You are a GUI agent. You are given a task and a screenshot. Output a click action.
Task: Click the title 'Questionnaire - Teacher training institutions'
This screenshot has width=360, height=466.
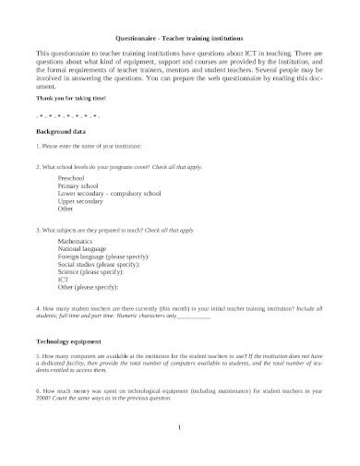pos(179,39)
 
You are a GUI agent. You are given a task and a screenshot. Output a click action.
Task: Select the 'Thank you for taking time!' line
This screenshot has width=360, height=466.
pos(70,97)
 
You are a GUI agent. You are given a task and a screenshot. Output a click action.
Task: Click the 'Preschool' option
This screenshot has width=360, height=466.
pos(72,176)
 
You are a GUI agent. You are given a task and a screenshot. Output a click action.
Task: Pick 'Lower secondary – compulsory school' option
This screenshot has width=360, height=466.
pos(109,194)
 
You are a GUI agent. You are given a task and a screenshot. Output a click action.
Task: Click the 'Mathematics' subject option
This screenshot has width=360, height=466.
pos(78,238)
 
